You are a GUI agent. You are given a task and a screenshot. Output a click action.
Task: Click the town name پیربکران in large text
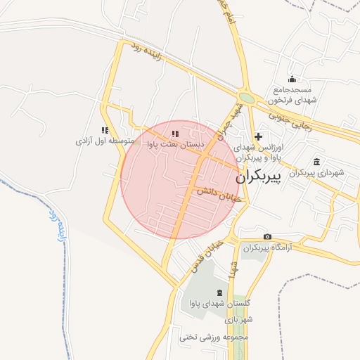point(274,178)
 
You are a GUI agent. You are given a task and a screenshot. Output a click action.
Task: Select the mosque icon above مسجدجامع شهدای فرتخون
point(292,79)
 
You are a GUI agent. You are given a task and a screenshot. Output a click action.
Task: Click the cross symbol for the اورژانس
point(259,136)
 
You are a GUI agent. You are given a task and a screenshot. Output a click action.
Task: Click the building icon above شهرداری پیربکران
point(316,161)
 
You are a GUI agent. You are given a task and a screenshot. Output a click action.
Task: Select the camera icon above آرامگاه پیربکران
point(267,237)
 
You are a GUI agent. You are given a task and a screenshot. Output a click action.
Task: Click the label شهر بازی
point(239,321)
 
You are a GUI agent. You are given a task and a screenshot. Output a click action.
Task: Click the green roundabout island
point(245,98)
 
